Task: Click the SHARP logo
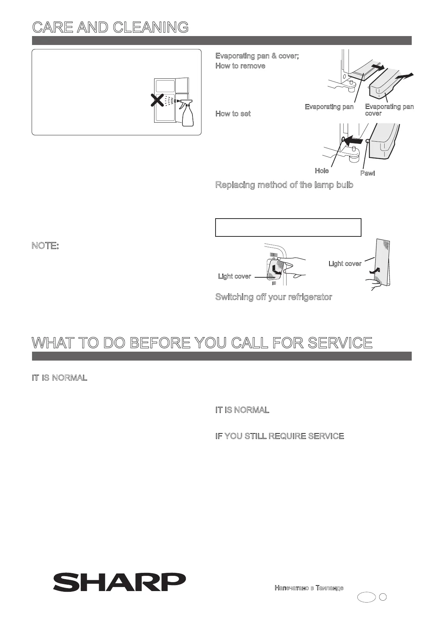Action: point(119,583)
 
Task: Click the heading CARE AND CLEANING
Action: point(110,27)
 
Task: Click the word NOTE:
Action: point(45,246)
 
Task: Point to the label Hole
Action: point(322,171)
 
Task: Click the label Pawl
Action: point(367,173)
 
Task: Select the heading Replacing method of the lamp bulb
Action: point(284,185)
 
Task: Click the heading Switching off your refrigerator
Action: point(274,297)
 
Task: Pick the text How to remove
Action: point(240,66)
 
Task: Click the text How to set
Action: point(233,114)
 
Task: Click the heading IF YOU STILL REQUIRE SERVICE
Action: point(280,436)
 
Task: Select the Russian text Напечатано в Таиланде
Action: point(309,588)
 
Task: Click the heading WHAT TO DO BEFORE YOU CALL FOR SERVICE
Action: point(202,342)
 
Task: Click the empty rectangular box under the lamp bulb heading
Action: point(288,228)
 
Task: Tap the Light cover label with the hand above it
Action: point(234,276)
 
